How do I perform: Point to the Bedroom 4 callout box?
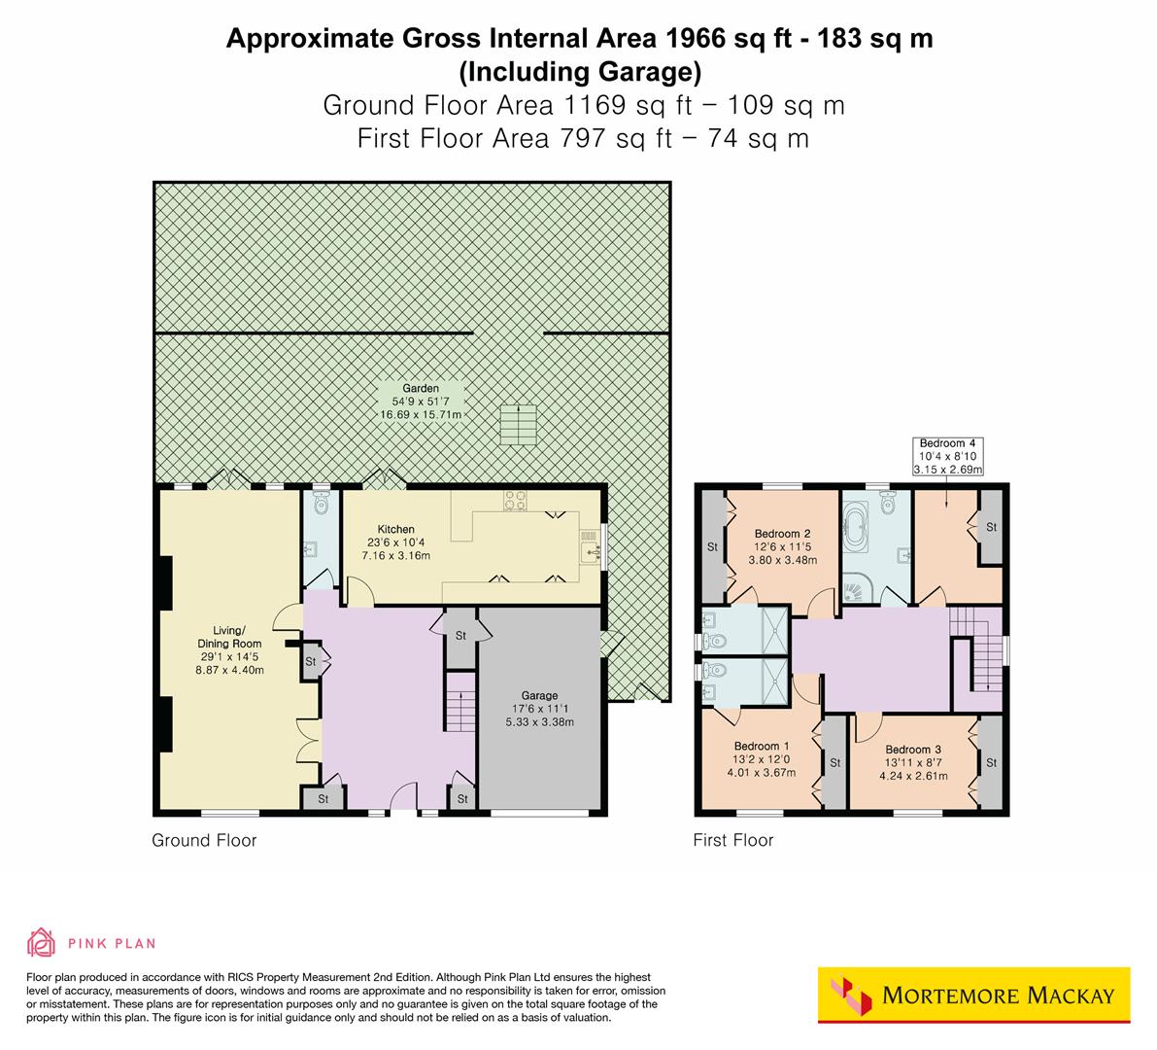pyautogui.click(x=947, y=457)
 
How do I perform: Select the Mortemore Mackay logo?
pyautogui.click(x=973, y=995)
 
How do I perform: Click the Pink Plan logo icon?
pyautogui.click(x=42, y=942)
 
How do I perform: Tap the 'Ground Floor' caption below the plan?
pyautogui.click(x=204, y=840)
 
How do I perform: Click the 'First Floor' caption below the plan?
pyautogui.click(x=732, y=840)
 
